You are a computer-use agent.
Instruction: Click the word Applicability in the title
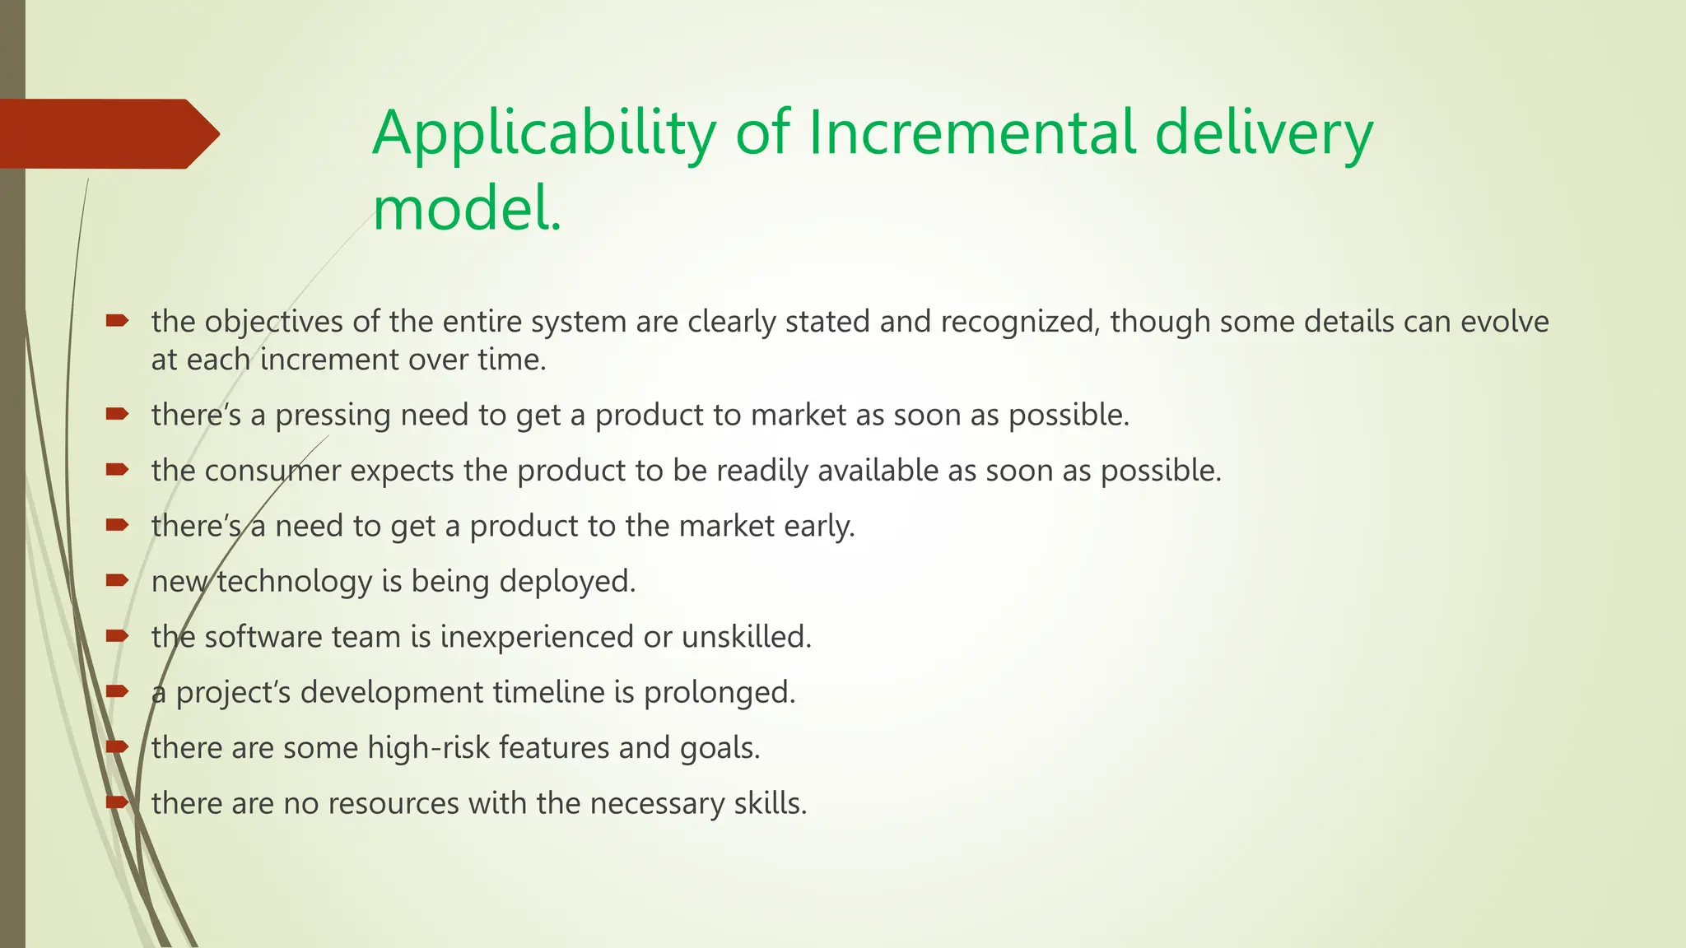(x=544, y=134)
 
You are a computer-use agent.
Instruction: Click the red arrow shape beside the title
(x=107, y=134)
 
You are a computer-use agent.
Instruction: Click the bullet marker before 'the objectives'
(x=117, y=321)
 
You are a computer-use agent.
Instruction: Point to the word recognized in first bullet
(x=1020, y=322)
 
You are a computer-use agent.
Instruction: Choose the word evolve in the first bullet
(x=1504, y=322)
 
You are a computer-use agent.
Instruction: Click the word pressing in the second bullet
(x=333, y=416)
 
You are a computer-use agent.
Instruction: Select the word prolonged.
(x=720, y=693)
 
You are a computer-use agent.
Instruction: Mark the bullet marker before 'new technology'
(x=117, y=580)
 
